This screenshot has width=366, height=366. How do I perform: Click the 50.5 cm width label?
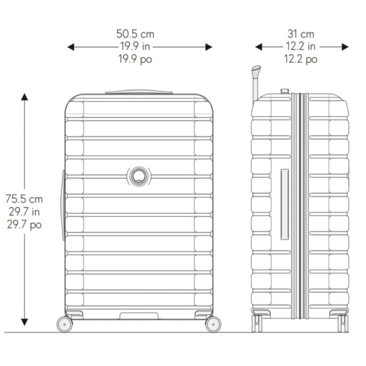pyautogui.click(x=136, y=34)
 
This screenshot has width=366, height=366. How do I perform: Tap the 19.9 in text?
pyautogui.click(x=135, y=46)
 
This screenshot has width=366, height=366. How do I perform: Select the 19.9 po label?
pyautogui.click(x=135, y=59)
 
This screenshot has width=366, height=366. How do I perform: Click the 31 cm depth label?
pyautogui.click(x=301, y=34)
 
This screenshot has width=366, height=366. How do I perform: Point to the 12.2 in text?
pyautogui.click(x=301, y=46)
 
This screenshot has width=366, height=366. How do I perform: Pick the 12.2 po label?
pyautogui.click(x=301, y=59)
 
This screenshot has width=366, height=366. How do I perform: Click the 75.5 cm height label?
pyautogui.click(x=24, y=199)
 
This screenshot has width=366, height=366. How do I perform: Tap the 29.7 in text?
pyautogui.click(x=24, y=212)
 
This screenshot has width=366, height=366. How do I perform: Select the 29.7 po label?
pyautogui.click(x=24, y=225)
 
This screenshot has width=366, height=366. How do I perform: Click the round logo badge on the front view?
pyautogui.click(x=139, y=177)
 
